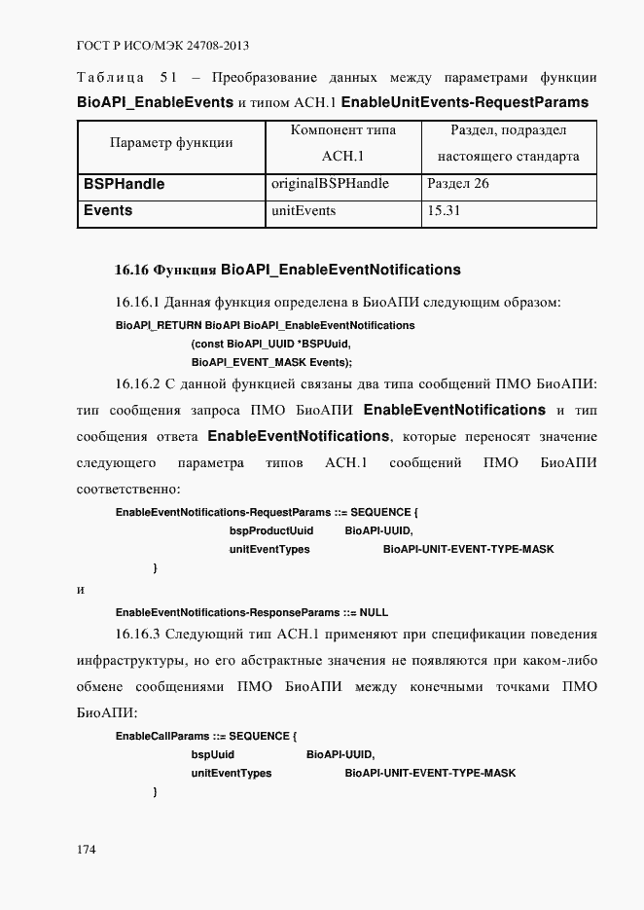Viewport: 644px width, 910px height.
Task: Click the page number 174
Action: [x=86, y=850]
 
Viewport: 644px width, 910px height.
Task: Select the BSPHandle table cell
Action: [x=124, y=184]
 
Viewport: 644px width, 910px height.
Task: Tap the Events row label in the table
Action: [x=108, y=210]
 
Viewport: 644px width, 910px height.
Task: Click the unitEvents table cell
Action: [x=305, y=210]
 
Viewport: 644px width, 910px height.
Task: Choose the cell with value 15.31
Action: [x=444, y=210]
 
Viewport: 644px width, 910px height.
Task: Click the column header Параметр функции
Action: [x=171, y=143]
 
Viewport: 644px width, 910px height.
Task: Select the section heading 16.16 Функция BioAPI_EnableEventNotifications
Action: [x=287, y=270]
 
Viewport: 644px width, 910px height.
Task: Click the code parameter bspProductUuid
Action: [x=271, y=530]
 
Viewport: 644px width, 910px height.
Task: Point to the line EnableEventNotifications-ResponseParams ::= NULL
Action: [x=251, y=612]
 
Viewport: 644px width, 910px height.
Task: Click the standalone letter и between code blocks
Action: [x=80, y=590]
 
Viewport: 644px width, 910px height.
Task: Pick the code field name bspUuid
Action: [x=212, y=754]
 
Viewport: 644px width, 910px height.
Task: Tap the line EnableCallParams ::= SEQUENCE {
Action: [x=205, y=735]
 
